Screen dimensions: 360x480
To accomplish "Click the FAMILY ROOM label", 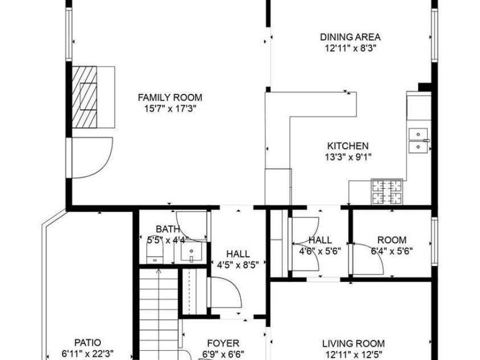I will click(x=170, y=97).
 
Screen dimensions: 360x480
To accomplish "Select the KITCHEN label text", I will click(x=347, y=146).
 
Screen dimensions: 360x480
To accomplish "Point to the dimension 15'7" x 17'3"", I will click(x=170, y=108).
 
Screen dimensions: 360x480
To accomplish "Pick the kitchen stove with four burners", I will click(x=387, y=192).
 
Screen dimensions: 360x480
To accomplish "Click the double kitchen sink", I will click(x=419, y=141).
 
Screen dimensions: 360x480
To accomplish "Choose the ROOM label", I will click(x=392, y=240).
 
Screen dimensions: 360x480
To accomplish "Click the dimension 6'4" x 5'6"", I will click(x=392, y=250).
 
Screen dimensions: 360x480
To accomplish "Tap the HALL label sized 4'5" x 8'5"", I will click(x=237, y=253).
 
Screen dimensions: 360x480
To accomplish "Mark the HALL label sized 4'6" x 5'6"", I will click(x=320, y=240).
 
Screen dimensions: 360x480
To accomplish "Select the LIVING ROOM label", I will click(x=353, y=343).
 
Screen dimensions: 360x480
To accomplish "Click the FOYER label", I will click(x=223, y=343).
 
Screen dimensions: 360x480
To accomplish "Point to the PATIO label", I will click(x=88, y=342).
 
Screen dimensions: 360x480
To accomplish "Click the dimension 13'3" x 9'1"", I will click(x=347, y=156).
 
